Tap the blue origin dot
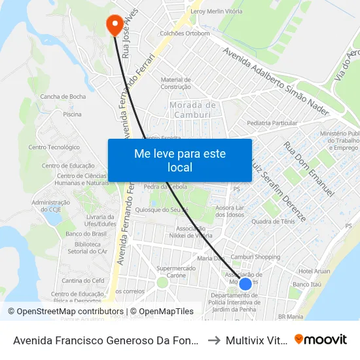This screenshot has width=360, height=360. [245, 283]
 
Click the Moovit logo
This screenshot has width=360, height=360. [320, 339]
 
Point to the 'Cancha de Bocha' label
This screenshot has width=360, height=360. [63, 97]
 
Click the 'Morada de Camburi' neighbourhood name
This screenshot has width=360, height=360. [192, 110]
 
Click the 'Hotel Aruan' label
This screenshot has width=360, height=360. [314, 271]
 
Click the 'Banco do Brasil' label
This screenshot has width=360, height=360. [82, 234]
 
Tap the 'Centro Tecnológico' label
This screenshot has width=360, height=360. [59, 147]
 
